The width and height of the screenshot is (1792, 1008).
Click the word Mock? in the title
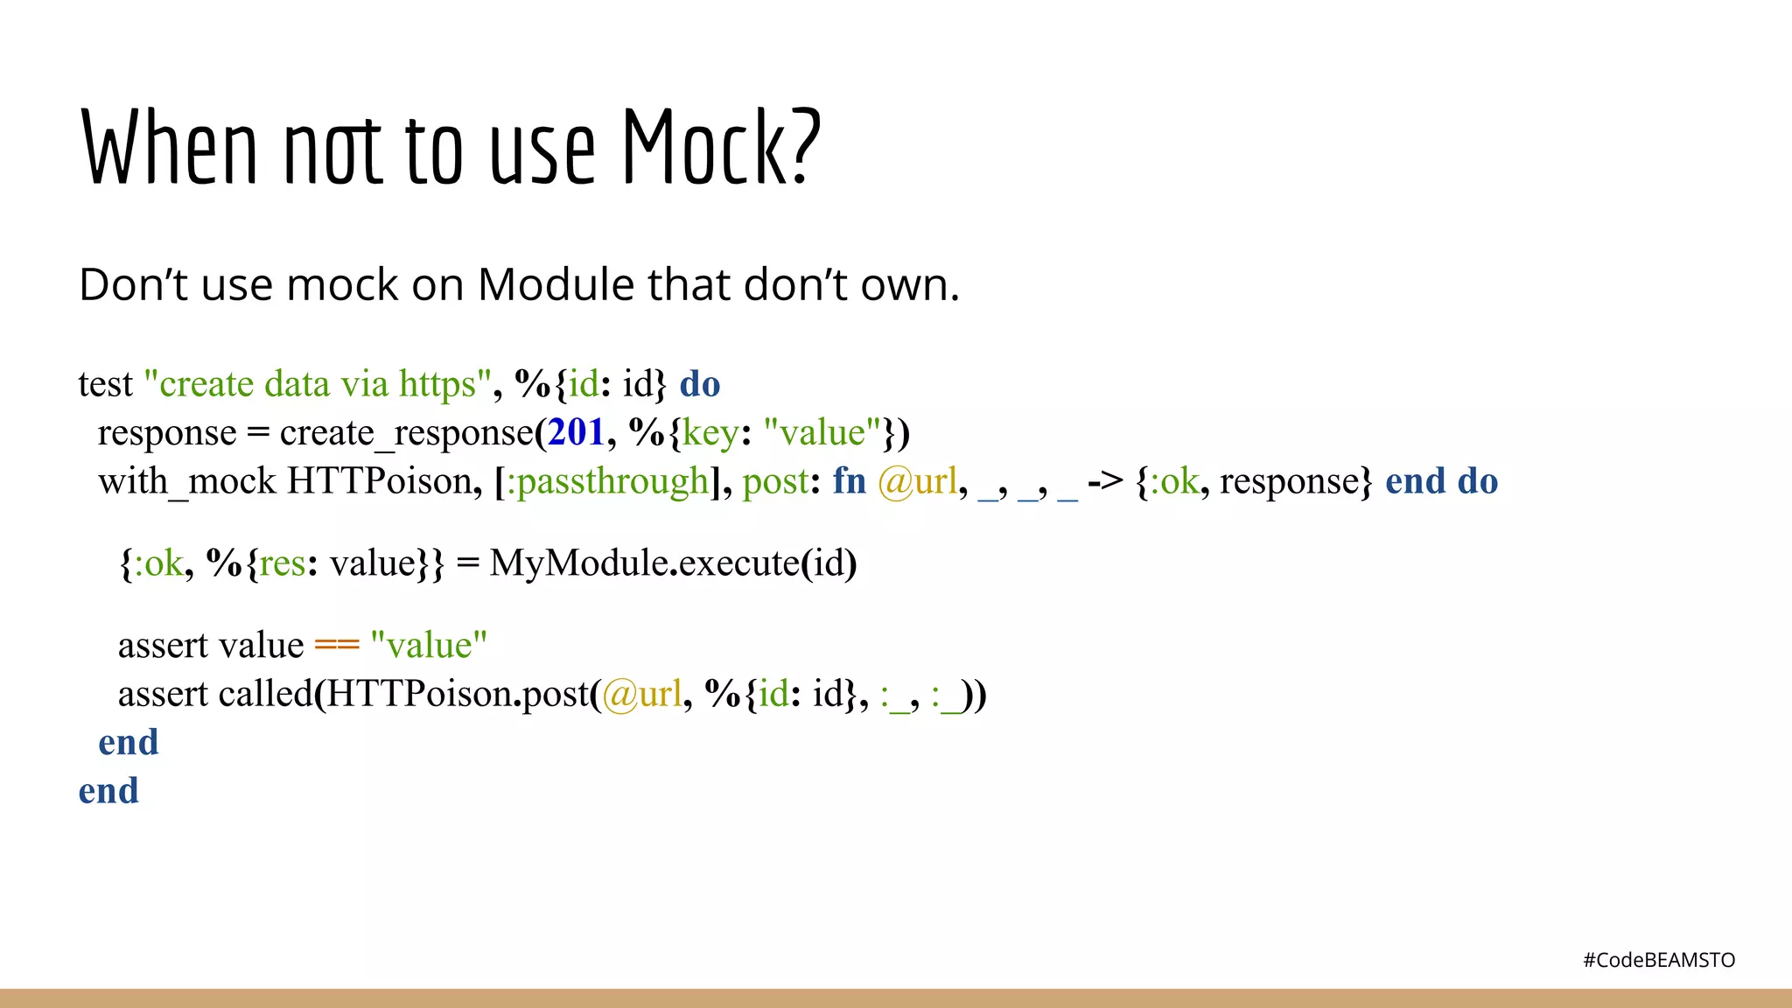click(x=722, y=147)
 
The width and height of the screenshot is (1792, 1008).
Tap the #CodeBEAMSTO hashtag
click(x=1658, y=960)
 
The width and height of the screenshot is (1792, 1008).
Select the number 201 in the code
click(x=577, y=432)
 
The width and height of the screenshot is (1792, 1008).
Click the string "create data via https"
click(x=317, y=384)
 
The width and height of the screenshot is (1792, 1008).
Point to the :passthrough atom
click(x=609, y=481)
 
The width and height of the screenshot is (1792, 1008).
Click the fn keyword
click(x=849, y=481)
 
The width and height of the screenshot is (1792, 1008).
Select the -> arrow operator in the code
click(x=1106, y=481)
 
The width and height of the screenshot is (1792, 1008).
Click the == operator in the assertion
click(x=337, y=646)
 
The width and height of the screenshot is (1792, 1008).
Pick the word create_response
click(x=406, y=433)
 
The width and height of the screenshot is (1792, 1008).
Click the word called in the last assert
click(x=266, y=694)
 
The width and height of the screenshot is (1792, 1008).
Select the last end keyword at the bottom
click(x=108, y=791)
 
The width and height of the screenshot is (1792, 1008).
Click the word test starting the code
click(x=105, y=384)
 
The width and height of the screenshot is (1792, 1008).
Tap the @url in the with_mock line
click(x=918, y=481)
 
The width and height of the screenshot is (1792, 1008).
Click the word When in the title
click(x=170, y=147)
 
